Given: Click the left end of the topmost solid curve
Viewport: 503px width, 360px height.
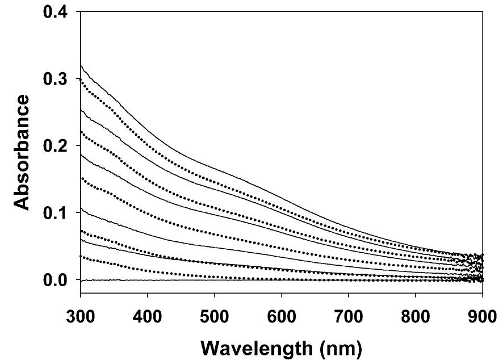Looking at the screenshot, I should tap(81, 66).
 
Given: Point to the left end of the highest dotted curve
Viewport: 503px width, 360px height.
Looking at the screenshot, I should tap(81, 80).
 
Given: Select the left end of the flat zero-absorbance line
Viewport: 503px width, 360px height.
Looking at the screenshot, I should tap(81, 281).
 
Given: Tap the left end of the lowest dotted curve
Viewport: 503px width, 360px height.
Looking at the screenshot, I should tap(81, 257).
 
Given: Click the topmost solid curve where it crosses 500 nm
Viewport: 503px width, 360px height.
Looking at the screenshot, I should tap(214, 167).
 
